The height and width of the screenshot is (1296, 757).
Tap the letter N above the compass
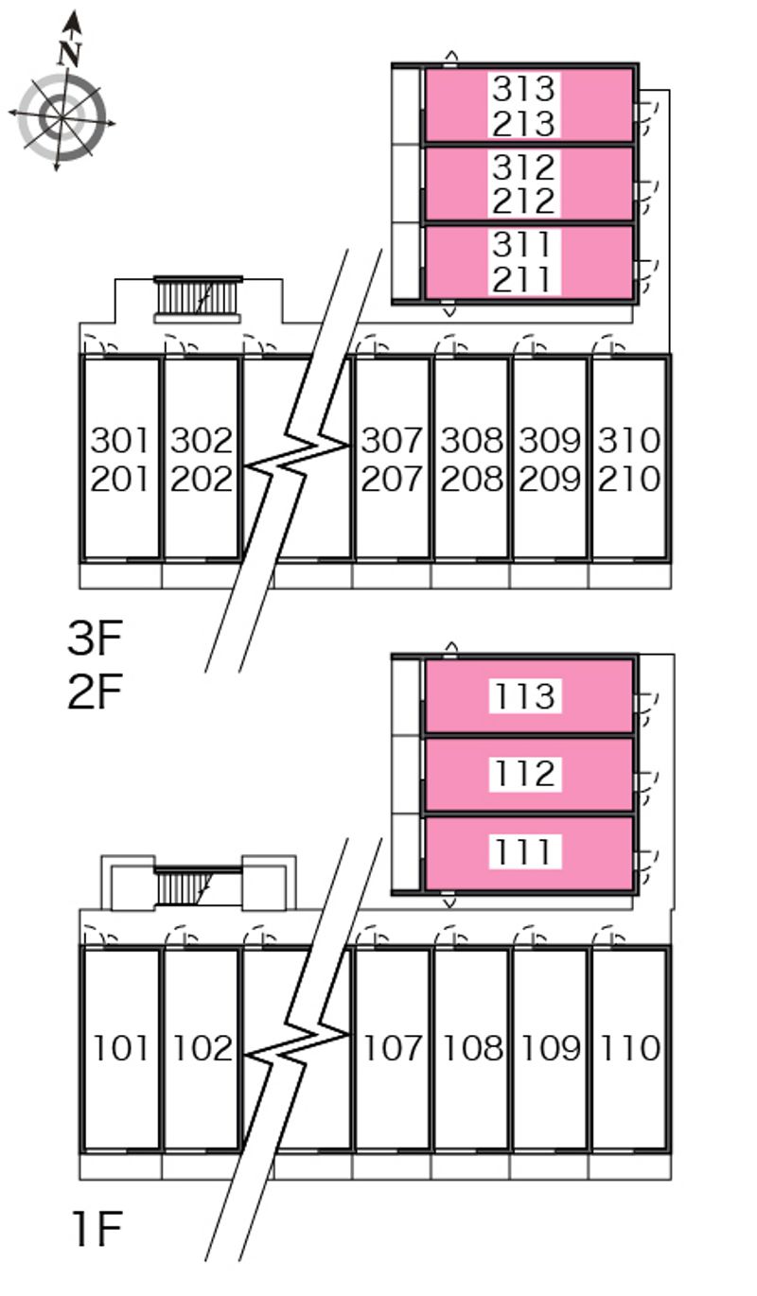68,53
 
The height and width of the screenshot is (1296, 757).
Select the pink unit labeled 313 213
527,104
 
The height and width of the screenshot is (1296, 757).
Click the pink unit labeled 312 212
527,184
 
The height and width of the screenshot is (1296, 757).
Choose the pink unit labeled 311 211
527,262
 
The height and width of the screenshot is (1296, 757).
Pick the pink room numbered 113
527,696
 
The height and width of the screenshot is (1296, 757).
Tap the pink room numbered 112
527,775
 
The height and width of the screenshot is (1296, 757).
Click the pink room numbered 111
527,853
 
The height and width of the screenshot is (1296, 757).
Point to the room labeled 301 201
120,459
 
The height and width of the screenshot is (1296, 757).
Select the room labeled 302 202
201,459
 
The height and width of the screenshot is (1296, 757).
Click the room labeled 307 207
392,459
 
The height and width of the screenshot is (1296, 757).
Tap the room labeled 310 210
629,459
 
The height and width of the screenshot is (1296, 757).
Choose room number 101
120,1048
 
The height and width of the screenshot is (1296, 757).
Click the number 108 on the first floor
471,1048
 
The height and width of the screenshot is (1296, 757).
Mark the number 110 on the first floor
629,1048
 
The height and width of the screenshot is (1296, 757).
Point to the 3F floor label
95,639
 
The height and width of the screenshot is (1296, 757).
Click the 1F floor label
95,1229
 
